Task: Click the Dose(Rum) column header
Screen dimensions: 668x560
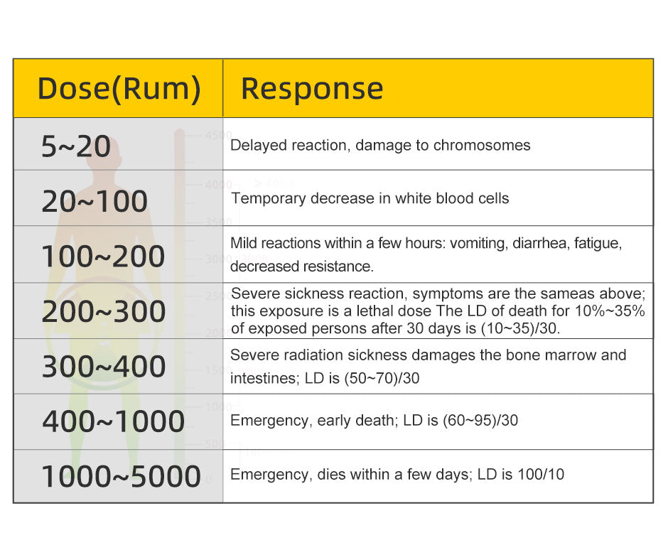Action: (119, 89)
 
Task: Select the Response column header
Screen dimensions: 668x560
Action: (312, 89)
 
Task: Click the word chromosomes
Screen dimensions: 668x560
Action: (482, 145)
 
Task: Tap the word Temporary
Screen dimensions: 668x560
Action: (269, 199)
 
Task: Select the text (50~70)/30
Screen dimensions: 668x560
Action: (382, 378)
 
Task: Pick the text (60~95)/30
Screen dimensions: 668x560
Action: (480, 421)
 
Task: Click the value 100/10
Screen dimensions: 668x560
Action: (541, 474)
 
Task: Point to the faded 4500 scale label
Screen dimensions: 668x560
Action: (219, 136)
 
